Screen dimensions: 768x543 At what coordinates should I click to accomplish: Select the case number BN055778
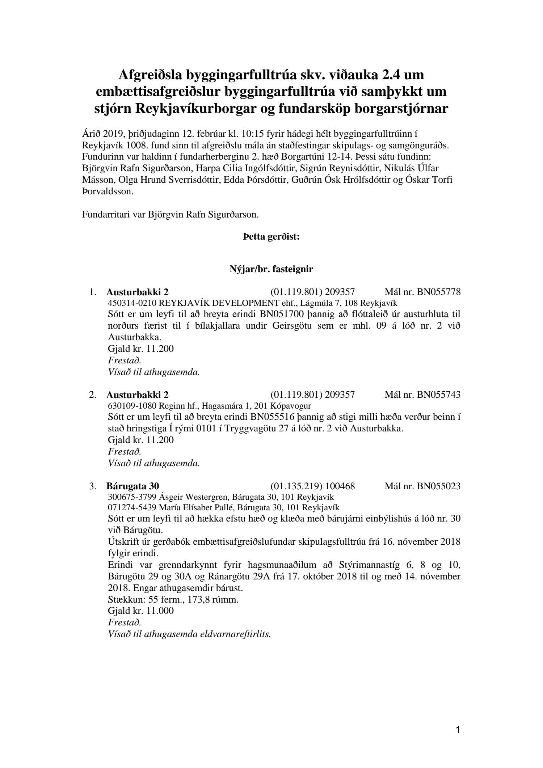(438, 292)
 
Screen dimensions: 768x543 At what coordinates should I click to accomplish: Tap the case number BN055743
(438, 394)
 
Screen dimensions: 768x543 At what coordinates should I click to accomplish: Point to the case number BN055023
(438, 486)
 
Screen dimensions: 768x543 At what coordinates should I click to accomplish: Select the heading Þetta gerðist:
(271, 237)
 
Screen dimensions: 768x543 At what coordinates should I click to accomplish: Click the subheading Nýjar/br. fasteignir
(271, 269)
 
